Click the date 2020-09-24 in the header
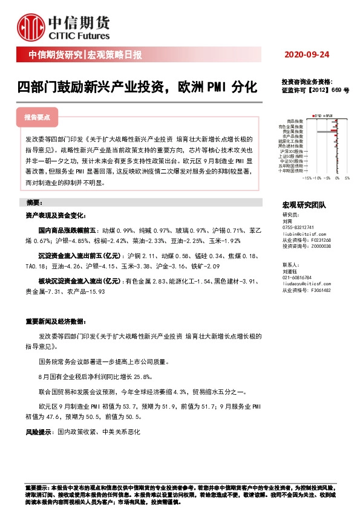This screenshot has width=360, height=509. (x=307, y=55)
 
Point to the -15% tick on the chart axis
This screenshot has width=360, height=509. (x=307, y=178)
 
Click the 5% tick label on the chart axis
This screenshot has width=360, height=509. (x=347, y=178)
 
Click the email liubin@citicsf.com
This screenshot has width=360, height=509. (x=303, y=233)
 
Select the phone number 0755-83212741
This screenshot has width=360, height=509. (x=299, y=227)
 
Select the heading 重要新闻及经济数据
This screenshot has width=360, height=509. (x=58, y=322)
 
